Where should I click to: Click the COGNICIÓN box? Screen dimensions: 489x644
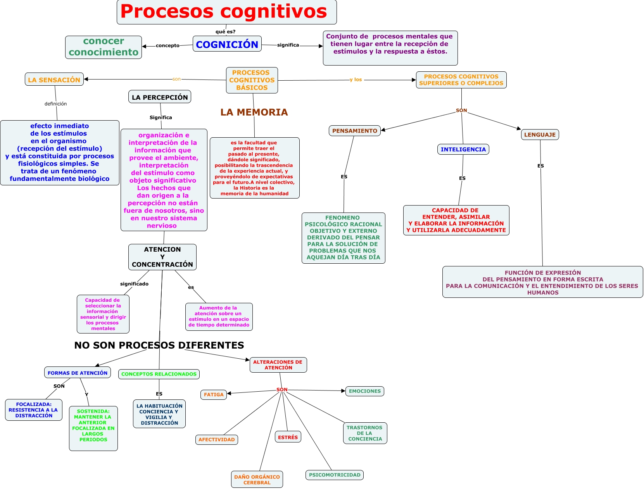click(x=227, y=44)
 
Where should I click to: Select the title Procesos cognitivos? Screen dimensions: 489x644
click(x=224, y=12)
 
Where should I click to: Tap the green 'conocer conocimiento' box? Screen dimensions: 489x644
click(x=104, y=47)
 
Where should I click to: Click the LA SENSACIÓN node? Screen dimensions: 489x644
click(x=54, y=79)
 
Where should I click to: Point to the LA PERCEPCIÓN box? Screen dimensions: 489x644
click(x=160, y=97)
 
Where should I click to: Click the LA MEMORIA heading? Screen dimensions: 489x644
click(x=254, y=112)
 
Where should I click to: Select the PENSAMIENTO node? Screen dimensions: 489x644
click(x=354, y=131)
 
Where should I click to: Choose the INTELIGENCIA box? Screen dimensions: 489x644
click(x=463, y=149)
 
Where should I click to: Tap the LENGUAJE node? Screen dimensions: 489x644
click(x=540, y=135)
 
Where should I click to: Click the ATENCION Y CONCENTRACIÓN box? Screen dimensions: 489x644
click(x=162, y=257)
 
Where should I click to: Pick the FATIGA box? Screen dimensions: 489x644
click(x=214, y=395)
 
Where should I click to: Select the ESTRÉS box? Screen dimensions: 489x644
click(x=288, y=437)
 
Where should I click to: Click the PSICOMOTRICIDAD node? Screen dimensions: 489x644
click(x=335, y=475)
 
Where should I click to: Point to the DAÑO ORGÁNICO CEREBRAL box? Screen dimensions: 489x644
click(x=257, y=480)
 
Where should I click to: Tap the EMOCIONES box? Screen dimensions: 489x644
click(x=364, y=391)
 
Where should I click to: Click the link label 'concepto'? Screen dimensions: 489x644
click(x=167, y=45)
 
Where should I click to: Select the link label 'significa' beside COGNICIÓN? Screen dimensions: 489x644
click(x=288, y=45)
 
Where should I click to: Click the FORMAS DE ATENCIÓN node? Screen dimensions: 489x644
click(x=78, y=373)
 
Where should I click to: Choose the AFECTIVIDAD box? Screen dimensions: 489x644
click(x=217, y=439)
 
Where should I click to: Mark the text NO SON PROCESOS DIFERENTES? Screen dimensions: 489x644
click(x=159, y=345)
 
